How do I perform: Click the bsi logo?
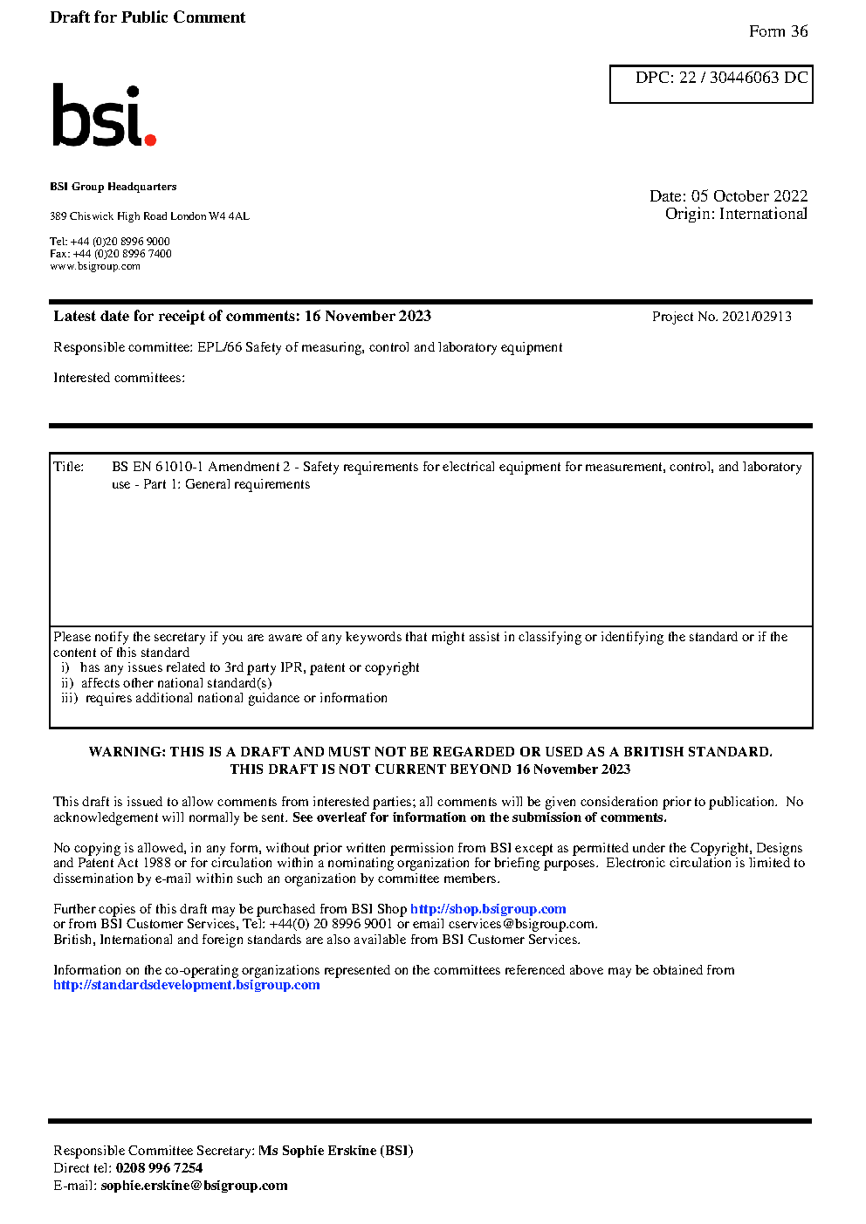103,115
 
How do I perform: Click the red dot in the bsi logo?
150,140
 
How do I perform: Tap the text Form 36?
778,31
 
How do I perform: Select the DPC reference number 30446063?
744,78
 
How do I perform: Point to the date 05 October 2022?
749,196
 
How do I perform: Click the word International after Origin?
763,214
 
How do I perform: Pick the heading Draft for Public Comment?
148,17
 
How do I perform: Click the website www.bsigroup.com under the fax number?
95,266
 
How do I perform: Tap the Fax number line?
111,254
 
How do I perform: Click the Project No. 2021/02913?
721,317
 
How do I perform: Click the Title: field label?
69,467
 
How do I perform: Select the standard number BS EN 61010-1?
157,467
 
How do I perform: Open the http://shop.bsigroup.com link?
488,909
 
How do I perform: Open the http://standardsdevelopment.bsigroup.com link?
186,985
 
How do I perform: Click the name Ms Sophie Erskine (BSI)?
335,1151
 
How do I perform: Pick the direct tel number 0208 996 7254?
159,1168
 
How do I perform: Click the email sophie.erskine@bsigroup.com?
194,1186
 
